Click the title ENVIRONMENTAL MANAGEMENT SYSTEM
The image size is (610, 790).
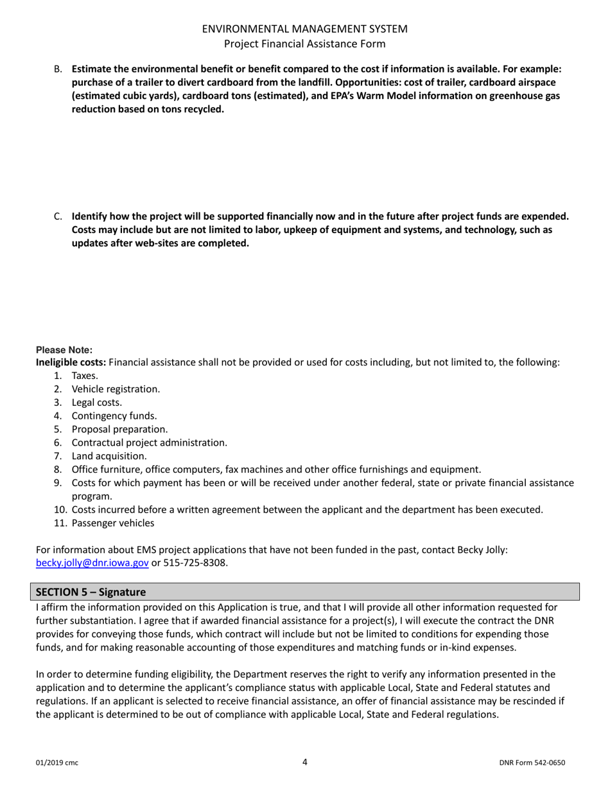tap(304, 29)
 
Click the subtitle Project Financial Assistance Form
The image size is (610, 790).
tap(304, 44)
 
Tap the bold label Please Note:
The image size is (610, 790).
tap(64, 350)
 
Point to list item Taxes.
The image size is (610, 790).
tap(85, 376)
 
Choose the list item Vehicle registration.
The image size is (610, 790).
tap(116, 389)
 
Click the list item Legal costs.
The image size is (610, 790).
tap(96, 403)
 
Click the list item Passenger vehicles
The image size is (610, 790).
tap(112, 523)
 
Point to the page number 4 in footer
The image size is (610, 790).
tap(305, 762)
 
